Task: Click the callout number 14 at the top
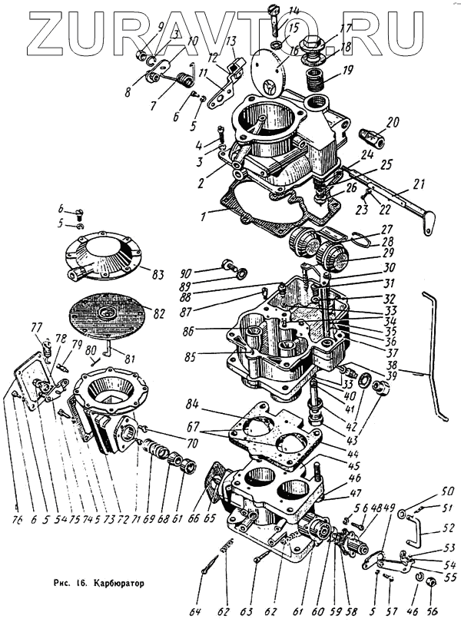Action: pos(294,10)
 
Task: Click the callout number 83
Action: pos(158,275)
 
